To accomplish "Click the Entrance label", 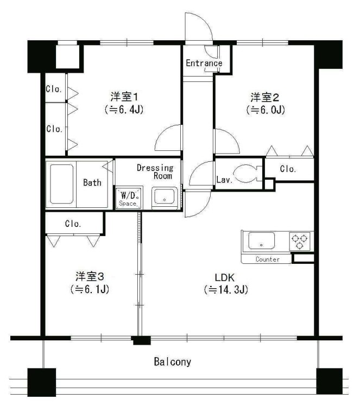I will click(204, 63).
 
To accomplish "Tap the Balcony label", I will click(173, 362).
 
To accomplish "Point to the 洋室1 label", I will click(126, 97).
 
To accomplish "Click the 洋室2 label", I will click(265, 98).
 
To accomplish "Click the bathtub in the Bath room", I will click(62, 183).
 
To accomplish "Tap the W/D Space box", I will click(128, 198).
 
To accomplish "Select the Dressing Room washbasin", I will click(163, 197).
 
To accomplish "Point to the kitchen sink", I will click(262, 240).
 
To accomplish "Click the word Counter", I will click(267, 259).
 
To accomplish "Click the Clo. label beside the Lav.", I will click(288, 169).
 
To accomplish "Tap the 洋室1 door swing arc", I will click(167, 138).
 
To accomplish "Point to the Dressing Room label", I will click(155, 172).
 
